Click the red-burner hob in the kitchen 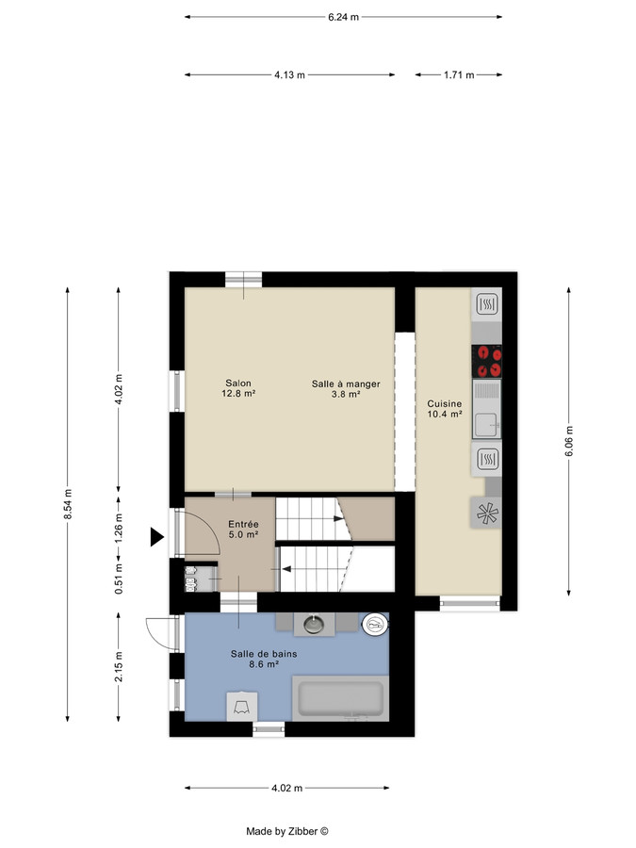click(x=487, y=356)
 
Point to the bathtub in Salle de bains click(x=339, y=698)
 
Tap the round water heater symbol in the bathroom click(x=375, y=623)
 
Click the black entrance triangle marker click(x=155, y=538)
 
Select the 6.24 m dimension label click(x=343, y=17)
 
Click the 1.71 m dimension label click(x=458, y=74)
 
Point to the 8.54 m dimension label click(x=68, y=503)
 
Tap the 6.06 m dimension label click(x=568, y=440)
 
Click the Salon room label click(x=238, y=388)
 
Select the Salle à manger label click(x=346, y=389)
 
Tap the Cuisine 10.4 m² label click(x=444, y=407)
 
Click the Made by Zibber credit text click(x=286, y=831)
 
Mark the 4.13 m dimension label click(x=289, y=74)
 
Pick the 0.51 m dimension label click(x=117, y=574)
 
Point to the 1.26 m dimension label click(x=117, y=523)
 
